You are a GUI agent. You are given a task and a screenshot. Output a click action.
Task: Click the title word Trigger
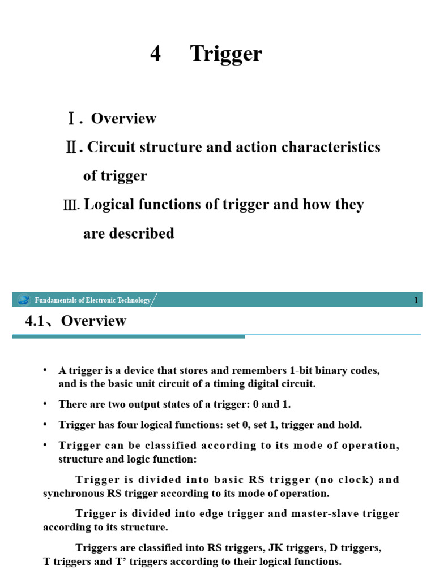(226, 54)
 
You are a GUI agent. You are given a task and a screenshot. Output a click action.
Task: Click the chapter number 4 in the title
(156, 54)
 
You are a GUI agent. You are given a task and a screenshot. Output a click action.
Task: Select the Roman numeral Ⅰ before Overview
(71, 119)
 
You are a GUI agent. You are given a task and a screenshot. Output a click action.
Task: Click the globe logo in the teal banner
(23, 300)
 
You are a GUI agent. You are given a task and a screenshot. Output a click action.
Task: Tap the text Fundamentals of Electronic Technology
(92, 300)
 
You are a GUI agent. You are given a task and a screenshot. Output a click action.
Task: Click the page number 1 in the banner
(416, 300)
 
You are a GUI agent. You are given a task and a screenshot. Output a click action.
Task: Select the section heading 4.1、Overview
(76, 321)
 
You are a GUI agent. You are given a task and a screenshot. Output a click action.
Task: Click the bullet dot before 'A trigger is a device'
(46, 370)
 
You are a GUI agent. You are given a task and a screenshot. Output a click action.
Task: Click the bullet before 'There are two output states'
(46, 404)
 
